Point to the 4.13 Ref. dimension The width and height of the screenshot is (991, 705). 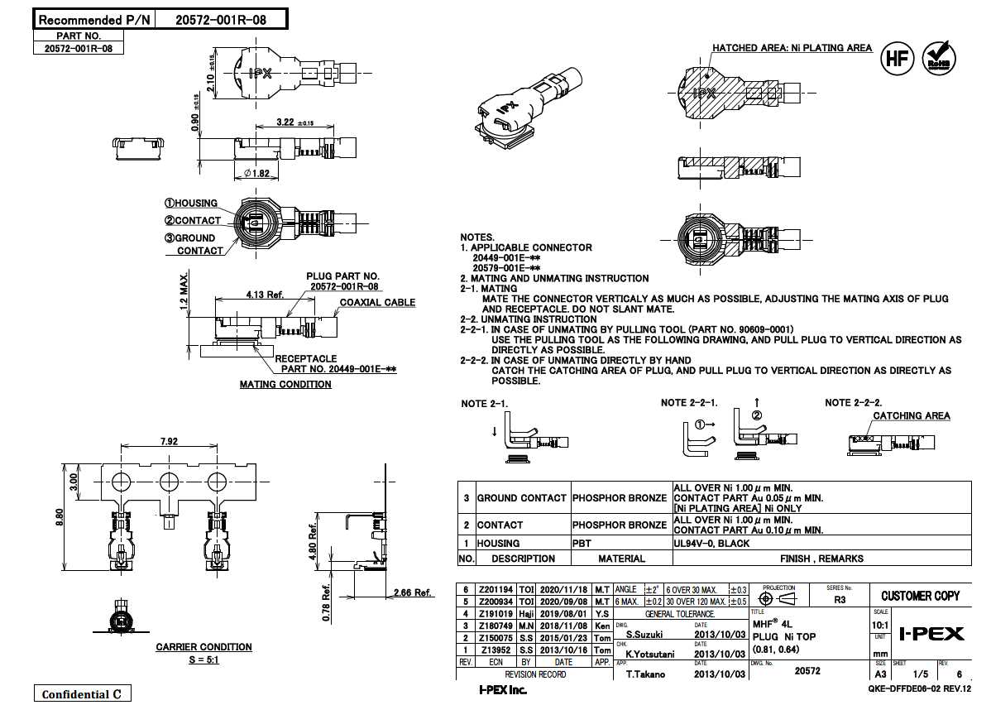click(265, 294)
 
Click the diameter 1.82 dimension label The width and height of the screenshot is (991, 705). click(256, 173)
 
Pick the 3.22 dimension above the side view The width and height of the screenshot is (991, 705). click(285, 122)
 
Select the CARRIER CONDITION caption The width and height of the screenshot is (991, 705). click(203, 647)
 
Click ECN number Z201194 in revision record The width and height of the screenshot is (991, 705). click(495, 588)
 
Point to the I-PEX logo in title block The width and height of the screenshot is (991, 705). click(931, 634)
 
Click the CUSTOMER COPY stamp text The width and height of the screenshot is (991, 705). click(920, 596)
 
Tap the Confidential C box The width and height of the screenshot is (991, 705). click(81, 693)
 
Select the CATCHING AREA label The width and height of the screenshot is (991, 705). click(912, 416)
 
